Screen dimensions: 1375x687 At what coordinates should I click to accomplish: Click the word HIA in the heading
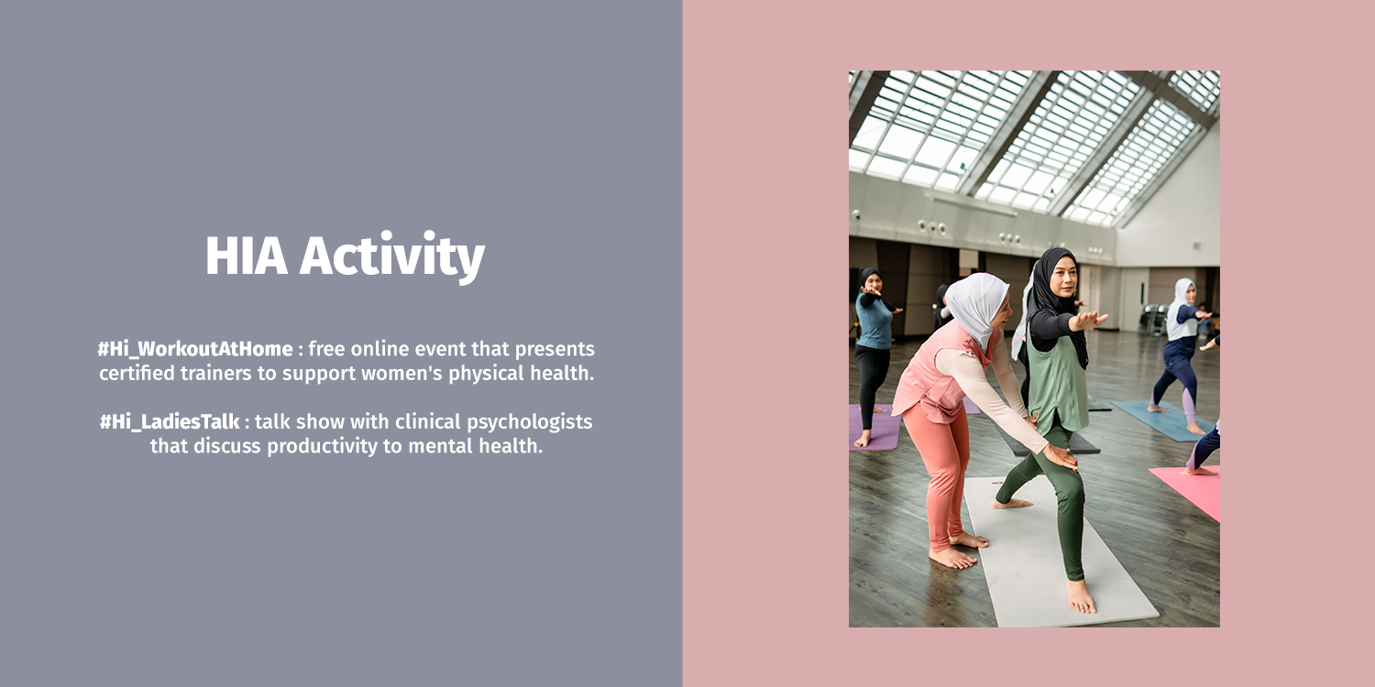(247, 256)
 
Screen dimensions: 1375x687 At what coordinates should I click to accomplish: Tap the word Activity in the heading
(392, 257)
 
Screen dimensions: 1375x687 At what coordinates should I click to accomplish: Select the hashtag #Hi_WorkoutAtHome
(195, 350)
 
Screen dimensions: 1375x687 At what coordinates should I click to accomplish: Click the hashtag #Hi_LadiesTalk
(170, 422)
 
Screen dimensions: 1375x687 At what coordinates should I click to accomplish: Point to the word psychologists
(530, 422)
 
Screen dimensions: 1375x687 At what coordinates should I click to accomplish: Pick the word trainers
(215, 373)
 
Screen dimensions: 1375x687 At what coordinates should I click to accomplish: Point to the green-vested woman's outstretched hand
(1090, 320)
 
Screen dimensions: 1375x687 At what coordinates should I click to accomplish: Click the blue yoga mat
(1162, 420)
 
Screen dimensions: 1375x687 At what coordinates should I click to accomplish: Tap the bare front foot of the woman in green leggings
(1082, 596)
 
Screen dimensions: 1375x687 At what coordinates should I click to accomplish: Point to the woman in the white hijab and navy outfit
(1182, 355)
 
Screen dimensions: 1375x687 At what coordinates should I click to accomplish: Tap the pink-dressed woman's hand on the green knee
(1061, 456)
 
